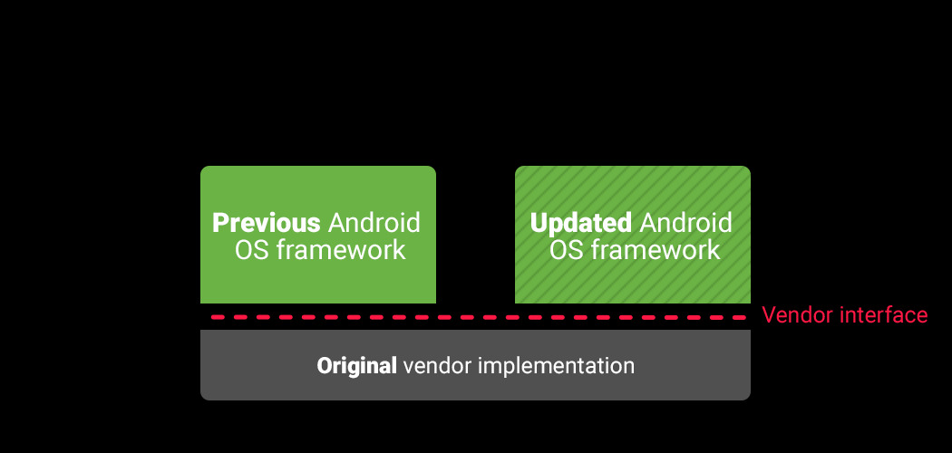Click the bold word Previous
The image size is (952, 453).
266,223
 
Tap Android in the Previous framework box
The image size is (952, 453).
374,223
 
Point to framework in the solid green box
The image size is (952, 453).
341,250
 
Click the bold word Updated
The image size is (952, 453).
581,223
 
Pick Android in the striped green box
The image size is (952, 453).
686,223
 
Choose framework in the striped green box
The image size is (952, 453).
656,250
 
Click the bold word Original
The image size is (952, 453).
357,366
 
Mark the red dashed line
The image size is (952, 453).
479,317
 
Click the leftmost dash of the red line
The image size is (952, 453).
219,317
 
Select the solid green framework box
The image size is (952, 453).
318,234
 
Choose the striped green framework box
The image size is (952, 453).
633,234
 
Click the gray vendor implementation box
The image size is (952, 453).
475,365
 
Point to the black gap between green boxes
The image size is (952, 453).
475,234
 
